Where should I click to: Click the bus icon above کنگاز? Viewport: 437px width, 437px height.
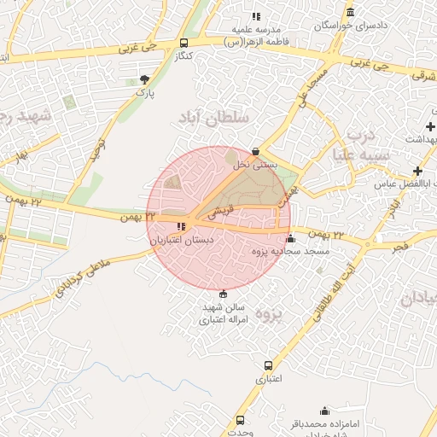click(184, 44)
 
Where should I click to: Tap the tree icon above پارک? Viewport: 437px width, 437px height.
click(144, 79)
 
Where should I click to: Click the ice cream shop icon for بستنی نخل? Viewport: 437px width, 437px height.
click(255, 151)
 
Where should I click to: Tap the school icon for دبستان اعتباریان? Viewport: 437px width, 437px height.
click(180, 226)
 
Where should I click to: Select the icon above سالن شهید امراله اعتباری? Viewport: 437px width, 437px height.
click(224, 293)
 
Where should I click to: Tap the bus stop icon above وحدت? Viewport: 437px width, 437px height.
click(240, 420)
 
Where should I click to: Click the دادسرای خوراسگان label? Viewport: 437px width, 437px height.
click(351, 26)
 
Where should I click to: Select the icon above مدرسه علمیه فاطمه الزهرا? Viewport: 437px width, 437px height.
click(256, 15)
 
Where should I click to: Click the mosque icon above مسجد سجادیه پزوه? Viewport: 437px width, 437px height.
click(291, 238)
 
